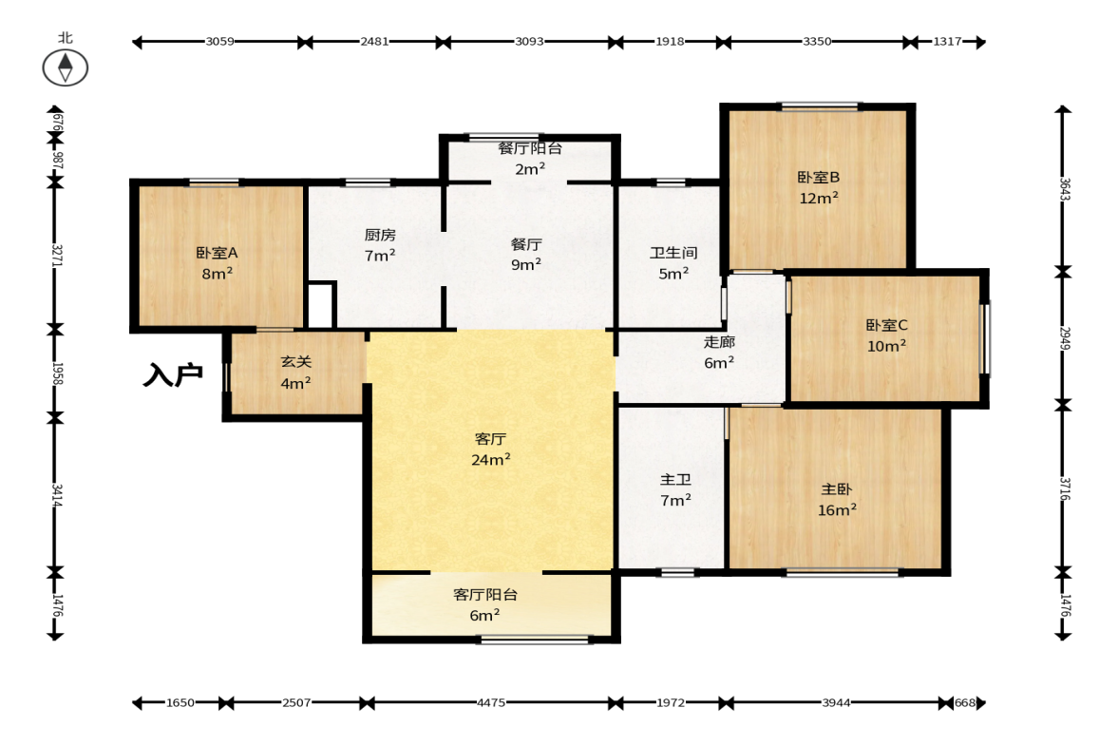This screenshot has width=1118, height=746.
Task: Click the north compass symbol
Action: click(65, 67)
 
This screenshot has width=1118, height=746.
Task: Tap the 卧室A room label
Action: click(217, 253)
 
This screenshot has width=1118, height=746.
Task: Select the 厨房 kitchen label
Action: click(380, 235)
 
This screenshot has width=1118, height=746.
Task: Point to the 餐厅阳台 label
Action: click(530, 148)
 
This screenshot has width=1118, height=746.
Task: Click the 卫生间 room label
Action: click(673, 253)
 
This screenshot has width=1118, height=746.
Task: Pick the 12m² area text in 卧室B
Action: click(819, 199)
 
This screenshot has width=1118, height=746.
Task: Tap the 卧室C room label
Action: click(886, 325)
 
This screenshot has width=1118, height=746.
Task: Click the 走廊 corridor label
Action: click(719, 341)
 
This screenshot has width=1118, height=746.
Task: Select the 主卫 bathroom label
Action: click(675, 480)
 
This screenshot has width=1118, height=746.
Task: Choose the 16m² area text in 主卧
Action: click(837, 510)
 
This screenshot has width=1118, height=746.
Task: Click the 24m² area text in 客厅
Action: click(490, 460)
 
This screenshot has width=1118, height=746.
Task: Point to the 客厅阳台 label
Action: click(484, 594)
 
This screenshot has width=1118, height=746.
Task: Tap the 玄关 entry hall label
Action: click(295, 362)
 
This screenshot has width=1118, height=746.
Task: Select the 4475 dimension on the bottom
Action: click(491, 702)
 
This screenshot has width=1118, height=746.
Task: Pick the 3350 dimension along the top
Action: click(817, 42)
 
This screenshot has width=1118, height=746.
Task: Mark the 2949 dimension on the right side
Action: click(1065, 338)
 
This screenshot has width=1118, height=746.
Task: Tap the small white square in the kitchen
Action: click(320, 306)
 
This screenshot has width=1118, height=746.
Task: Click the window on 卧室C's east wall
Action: click(985, 338)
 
